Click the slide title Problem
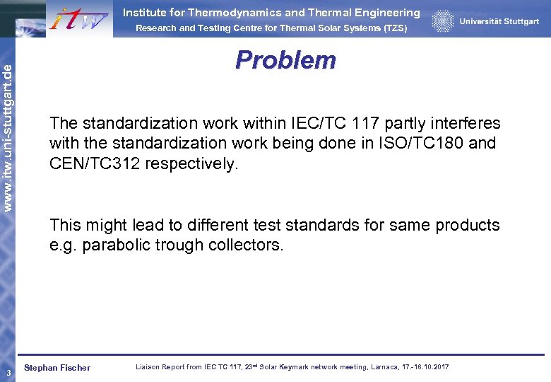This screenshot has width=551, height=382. click(285, 60)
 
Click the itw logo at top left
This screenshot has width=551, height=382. click(78, 18)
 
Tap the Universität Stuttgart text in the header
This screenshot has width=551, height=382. click(499, 21)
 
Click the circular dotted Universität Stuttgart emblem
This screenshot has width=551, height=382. click(443, 21)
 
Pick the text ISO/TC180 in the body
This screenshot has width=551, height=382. click(428, 143)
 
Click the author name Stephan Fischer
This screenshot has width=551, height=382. click(57, 368)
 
